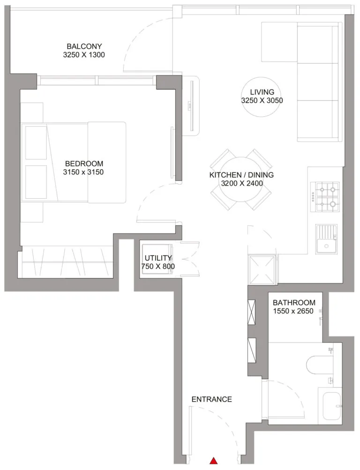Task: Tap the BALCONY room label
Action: [84, 46]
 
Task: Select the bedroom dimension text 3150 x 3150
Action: [84, 172]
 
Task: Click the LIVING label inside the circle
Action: [262, 92]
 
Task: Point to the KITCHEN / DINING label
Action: [241, 175]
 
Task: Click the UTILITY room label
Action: [158, 258]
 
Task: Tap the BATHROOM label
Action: [294, 303]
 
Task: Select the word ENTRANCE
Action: [211, 399]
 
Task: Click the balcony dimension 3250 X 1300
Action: [84, 55]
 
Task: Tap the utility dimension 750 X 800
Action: [158, 266]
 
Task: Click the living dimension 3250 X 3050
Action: [262, 100]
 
